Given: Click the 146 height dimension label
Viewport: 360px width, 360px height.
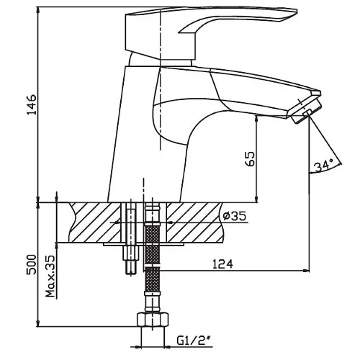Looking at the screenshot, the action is pos(32,105).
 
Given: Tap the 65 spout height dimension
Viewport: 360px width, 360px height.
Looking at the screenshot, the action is pos(250,158).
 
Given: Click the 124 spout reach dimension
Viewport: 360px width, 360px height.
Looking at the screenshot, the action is pos(222,264).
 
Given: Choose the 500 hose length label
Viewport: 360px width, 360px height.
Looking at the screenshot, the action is pos(32,264).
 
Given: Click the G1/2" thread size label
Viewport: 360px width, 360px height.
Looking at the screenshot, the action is pos(194,341).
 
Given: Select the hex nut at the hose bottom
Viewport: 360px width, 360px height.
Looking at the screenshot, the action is pos(153,320).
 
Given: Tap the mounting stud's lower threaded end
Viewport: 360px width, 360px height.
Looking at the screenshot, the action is pos(131,267).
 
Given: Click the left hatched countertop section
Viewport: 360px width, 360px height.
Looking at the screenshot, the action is pos(95,222).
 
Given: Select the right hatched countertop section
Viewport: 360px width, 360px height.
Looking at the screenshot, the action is pos(195,222).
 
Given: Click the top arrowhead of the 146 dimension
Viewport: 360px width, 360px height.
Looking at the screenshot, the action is pos(37,10).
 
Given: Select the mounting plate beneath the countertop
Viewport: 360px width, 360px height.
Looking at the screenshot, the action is pos(143,244).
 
